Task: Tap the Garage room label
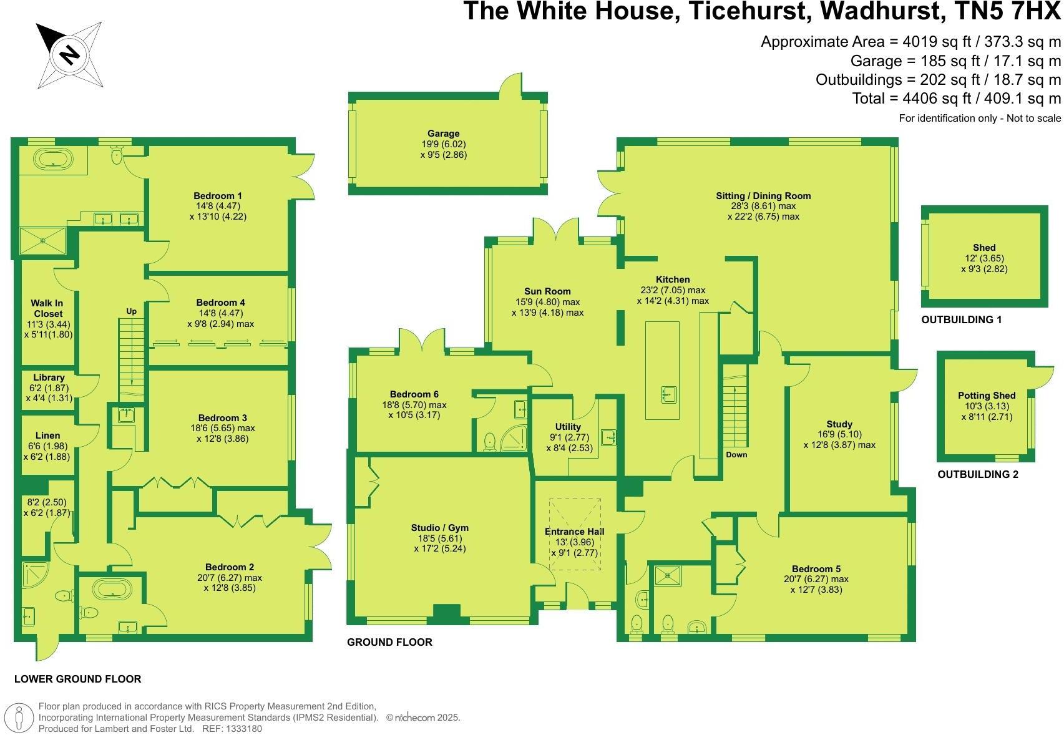pyautogui.click(x=443, y=134)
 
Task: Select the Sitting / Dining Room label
pyautogui.click(x=763, y=196)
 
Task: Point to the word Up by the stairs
pyautogui.click(x=131, y=311)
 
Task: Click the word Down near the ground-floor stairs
pyautogui.click(x=736, y=455)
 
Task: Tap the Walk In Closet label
pyautogui.click(x=47, y=308)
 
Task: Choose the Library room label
pyautogui.click(x=49, y=377)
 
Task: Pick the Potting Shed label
pyautogui.click(x=987, y=396)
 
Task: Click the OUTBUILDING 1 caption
pyautogui.click(x=961, y=319)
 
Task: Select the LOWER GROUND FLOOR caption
pyautogui.click(x=77, y=679)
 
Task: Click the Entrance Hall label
pyautogui.click(x=574, y=532)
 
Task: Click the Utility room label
pyautogui.click(x=568, y=427)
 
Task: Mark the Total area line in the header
pyautogui.click(x=956, y=98)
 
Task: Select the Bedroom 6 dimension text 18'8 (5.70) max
pyautogui.click(x=417, y=405)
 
